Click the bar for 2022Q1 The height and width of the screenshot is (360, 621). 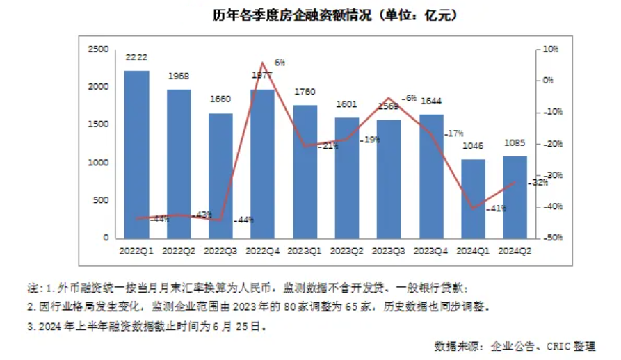(x=136, y=154)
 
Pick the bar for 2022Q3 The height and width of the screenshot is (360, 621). (x=220, y=175)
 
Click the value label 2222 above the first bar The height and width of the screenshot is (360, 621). (x=136, y=58)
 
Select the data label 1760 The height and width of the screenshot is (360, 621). (x=305, y=92)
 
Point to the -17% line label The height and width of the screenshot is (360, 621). (x=455, y=133)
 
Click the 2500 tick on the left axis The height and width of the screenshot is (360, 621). (x=99, y=49)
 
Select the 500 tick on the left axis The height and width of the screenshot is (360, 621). (x=102, y=200)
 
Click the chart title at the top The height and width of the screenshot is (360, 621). (x=334, y=15)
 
